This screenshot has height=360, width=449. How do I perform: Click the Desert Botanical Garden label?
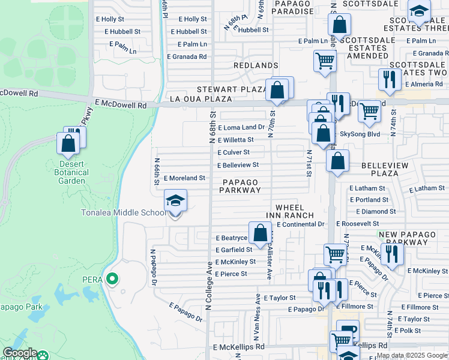click(x=74, y=172)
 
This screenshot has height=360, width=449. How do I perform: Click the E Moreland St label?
click(x=184, y=178)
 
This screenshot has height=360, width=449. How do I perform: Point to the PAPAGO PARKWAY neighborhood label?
click(x=240, y=186)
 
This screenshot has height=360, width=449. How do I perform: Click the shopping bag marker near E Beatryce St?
click(x=261, y=233)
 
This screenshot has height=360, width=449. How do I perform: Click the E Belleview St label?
click(x=238, y=164)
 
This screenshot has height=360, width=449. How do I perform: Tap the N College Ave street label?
click(x=209, y=282)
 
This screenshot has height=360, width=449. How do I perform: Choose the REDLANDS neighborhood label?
click(x=256, y=65)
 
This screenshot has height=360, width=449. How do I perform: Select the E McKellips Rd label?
click(x=238, y=347)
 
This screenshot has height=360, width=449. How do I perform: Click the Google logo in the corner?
click(x=20, y=353)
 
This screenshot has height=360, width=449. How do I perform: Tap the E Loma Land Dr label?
click(x=241, y=127)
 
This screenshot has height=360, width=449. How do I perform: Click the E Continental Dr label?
click(x=300, y=224)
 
